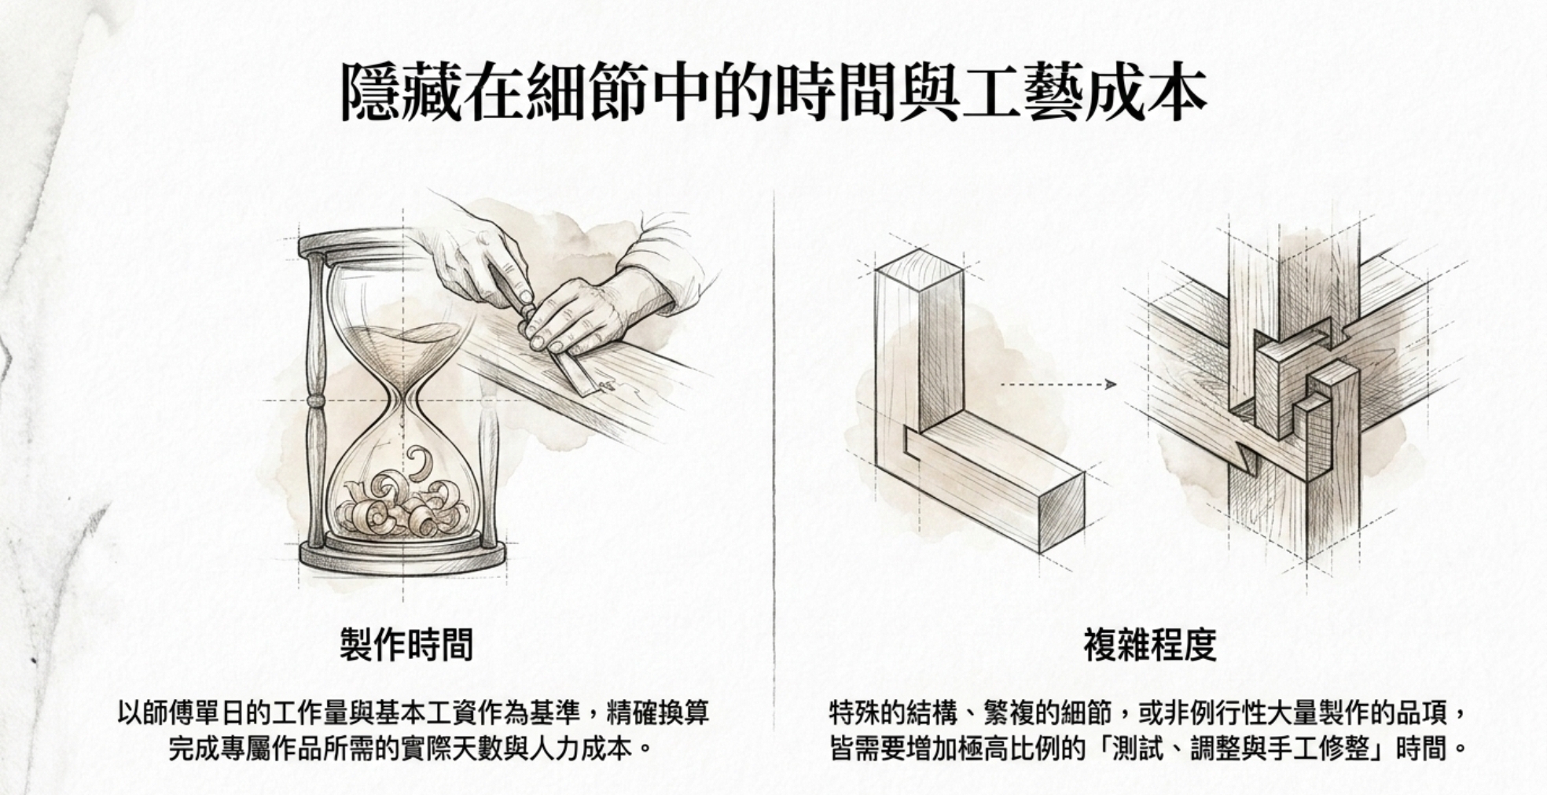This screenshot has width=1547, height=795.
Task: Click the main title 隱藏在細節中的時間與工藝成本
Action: [x=773, y=94]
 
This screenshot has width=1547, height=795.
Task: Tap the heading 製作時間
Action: [x=406, y=645]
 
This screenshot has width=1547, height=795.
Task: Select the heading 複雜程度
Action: [x=1149, y=645]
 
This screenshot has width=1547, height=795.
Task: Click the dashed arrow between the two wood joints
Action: [x=1058, y=385]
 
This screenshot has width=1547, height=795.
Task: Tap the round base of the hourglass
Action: [x=401, y=557]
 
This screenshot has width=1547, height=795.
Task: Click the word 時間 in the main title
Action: [x=836, y=94]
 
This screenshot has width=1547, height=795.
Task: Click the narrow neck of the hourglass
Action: [x=403, y=401]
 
